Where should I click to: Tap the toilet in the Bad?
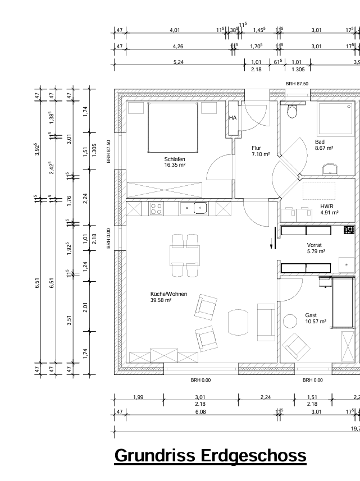(x=292, y=111)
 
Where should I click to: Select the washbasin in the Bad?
(x=330, y=170)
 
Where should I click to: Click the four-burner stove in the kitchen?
(x=156, y=209)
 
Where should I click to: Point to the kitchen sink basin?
(x=200, y=208)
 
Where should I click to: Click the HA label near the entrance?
(x=233, y=118)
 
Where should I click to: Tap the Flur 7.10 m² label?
(x=261, y=151)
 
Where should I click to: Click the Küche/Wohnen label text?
(x=168, y=294)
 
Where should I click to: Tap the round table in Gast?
(x=290, y=322)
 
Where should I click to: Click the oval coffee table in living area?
(x=238, y=322)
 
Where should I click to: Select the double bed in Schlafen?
(x=173, y=127)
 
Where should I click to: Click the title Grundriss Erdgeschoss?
(x=211, y=456)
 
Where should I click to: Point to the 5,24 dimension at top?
(x=178, y=62)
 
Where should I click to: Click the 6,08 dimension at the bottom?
(x=200, y=411)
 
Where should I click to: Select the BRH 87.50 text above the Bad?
(x=297, y=84)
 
